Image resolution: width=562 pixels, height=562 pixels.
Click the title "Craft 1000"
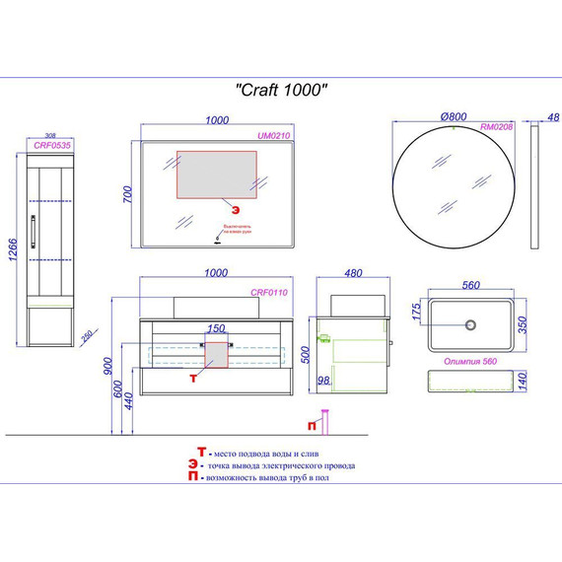click(282, 88)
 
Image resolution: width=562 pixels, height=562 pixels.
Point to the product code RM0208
click(498, 128)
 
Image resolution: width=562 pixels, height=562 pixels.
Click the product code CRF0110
click(268, 292)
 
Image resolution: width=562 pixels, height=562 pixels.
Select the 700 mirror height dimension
click(126, 194)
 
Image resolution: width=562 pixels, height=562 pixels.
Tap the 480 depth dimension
click(358, 275)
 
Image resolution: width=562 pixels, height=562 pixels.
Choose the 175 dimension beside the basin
click(416, 312)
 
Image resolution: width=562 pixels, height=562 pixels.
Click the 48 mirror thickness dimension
click(540, 116)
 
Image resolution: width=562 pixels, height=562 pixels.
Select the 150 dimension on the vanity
click(216, 329)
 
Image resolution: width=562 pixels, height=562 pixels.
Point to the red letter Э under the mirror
click(234, 209)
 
